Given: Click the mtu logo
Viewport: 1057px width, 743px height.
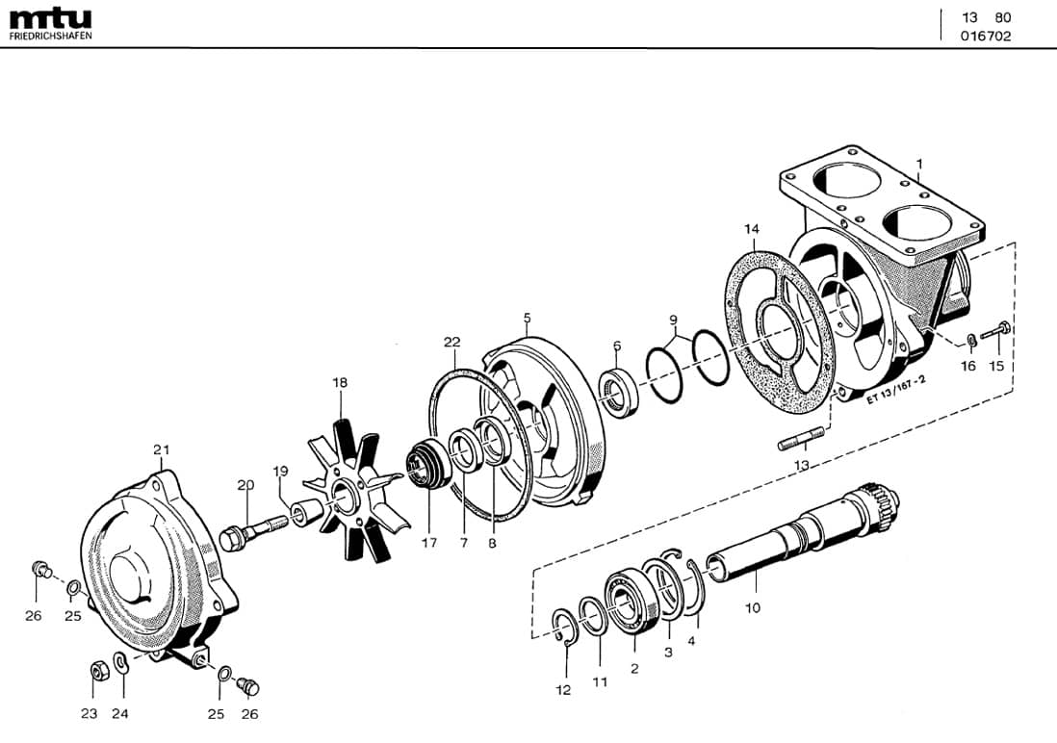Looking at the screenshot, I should click(x=50, y=18).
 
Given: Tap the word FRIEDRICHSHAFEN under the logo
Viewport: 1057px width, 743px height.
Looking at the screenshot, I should click(x=50, y=37).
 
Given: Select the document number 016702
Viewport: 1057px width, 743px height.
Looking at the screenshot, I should click(x=986, y=37).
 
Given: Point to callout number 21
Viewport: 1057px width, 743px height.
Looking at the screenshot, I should click(x=161, y=449).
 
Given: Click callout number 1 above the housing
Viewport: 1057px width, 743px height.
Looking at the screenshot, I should click(x=918, y=165).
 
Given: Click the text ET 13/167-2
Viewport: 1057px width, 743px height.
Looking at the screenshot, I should click(x=895, y=391).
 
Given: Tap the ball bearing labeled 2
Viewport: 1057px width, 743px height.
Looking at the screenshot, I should click(x=632, y=602).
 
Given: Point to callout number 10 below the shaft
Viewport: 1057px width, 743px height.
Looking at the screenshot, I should click(x=753, y=607).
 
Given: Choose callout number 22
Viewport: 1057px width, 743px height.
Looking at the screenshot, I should click(x=451, y=342).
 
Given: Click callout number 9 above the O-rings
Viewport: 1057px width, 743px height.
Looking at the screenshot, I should click(x=674, y=320).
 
